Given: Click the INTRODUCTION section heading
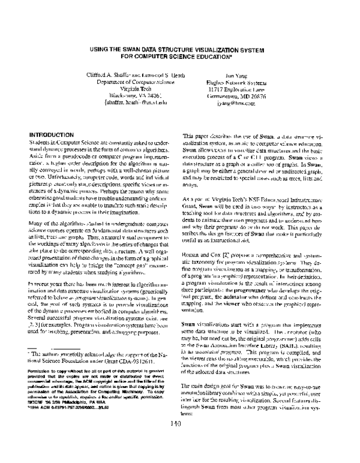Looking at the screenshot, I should pyautogui.click(x=55, y=133).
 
